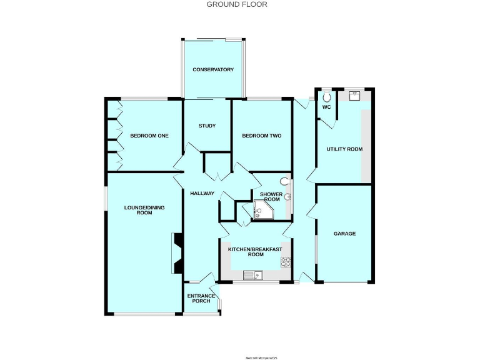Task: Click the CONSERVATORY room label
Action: (x=213, y=69)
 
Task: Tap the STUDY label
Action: (x=207, y=126)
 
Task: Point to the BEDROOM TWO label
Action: (x=262, y=136)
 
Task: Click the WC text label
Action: (x=326, y=107)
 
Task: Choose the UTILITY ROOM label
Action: (x=344, y=149)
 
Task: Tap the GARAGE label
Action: (x=344, y=234)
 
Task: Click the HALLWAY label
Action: (x=202, y=194)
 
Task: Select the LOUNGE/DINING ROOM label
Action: (x=144, y=210)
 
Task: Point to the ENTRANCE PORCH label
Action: (x=202, y=298)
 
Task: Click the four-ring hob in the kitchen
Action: (x=287, y=262)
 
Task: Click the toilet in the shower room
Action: (x=285, y=182)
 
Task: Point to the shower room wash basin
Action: (x=287, y=196)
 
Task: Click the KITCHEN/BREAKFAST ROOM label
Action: (x=255, y=252)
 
